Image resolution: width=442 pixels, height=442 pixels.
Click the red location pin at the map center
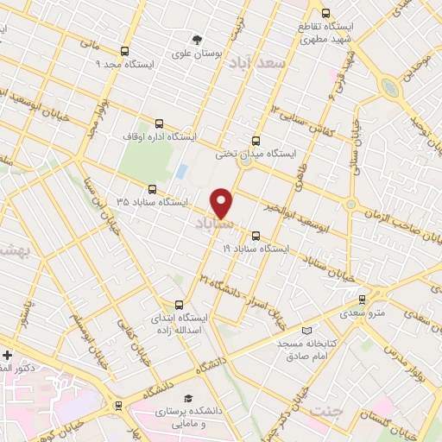click(222, 203)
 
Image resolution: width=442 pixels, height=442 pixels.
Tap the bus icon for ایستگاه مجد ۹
click(125, 51)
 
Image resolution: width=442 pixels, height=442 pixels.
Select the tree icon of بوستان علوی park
click(199, 39)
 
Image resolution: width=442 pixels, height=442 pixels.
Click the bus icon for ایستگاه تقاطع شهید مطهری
click(325, 13)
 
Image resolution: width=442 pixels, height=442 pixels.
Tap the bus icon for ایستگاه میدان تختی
click(255, 140)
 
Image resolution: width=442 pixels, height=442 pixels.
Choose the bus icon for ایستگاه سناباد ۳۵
click(152, 188)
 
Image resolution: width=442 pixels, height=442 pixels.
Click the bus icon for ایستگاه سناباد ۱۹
click(255, 235)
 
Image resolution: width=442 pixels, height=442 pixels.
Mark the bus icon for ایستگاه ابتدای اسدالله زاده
click(179, 304)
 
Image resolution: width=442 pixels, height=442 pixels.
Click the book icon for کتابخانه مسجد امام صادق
click(307, 331)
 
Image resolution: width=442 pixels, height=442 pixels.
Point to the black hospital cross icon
click(7, 355)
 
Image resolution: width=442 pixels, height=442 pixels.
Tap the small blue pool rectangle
click(181, 171)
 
